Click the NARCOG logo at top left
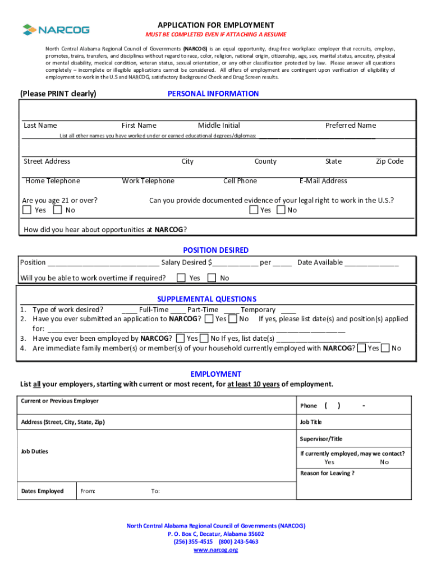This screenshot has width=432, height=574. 56,29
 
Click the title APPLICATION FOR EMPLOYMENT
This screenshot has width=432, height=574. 216,25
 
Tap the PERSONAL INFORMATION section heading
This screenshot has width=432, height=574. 213,94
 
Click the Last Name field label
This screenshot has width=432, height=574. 40,126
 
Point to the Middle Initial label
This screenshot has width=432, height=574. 219,126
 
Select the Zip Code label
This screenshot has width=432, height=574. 389,161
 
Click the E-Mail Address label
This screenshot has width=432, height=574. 323,181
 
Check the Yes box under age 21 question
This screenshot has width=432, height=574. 27,210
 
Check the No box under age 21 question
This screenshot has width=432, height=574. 57,210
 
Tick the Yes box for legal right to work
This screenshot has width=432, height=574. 254,210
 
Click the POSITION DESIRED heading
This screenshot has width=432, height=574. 216,250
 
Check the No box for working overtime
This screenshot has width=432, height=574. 212,278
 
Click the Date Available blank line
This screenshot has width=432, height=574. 371,262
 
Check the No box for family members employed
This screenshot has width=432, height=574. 385,348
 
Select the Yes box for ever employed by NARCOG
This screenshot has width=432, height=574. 180,339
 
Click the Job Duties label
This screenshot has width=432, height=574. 35,451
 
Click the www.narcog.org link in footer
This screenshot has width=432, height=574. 216,550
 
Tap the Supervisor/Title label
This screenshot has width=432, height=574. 321,439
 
